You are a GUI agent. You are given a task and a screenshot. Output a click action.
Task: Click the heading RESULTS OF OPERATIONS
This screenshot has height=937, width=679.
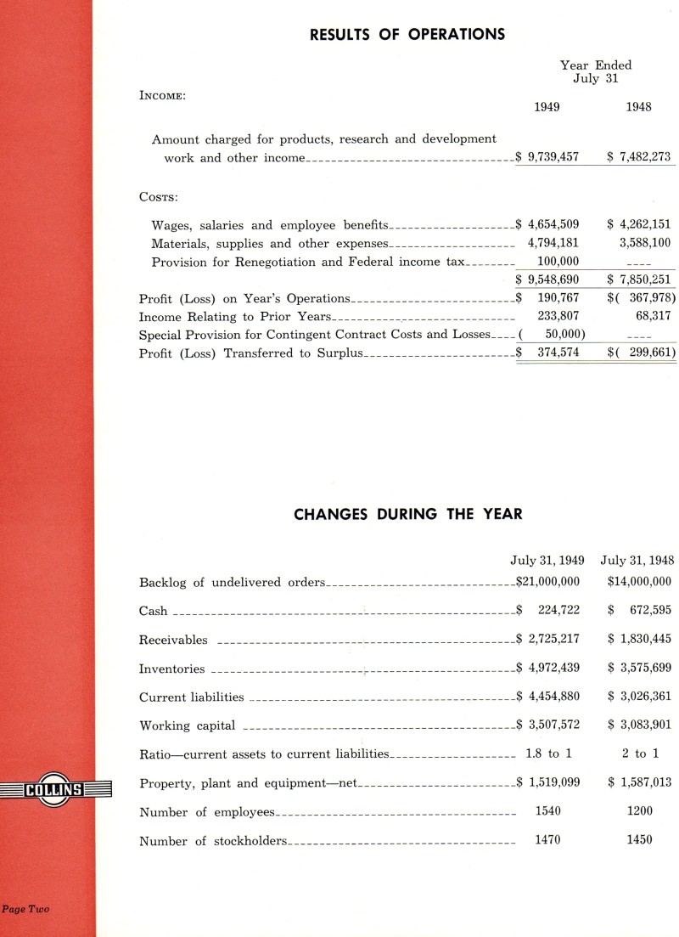407,35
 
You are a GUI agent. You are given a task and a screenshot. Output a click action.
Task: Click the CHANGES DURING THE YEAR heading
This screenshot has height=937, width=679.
407,514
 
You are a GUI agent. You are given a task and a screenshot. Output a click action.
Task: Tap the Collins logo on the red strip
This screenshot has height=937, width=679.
56,790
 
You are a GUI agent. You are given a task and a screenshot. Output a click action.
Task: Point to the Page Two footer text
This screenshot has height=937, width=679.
25,909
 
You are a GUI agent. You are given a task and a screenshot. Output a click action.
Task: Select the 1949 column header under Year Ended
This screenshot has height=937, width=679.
547,107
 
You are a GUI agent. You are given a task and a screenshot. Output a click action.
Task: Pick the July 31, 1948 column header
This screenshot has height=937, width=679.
637,561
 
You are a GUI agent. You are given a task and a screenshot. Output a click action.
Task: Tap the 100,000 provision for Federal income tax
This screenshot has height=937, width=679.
558,262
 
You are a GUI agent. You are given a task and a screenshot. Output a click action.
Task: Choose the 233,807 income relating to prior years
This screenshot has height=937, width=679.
558,316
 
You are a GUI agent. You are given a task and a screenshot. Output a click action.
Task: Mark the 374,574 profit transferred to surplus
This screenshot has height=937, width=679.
558,353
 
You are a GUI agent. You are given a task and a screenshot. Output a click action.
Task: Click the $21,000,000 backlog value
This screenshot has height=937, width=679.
548,582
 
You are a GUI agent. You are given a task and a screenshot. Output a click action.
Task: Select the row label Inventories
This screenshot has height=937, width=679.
171,669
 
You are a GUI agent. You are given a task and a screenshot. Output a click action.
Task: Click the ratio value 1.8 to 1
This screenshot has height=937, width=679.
548,754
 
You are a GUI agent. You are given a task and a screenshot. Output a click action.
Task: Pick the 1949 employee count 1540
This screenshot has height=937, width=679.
548,811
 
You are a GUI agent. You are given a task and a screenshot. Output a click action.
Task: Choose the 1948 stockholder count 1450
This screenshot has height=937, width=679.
639,839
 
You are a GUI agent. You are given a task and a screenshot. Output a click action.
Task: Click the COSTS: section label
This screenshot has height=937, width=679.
158,197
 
